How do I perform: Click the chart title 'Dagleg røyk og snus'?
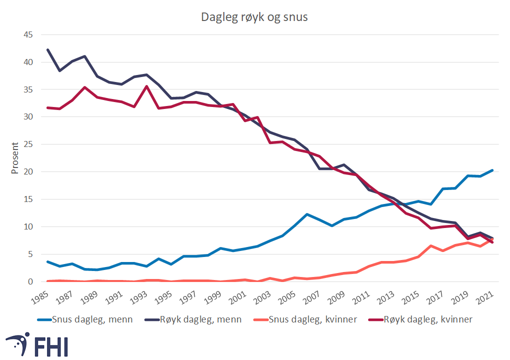pos(254,17)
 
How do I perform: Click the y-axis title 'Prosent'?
pos(15,158)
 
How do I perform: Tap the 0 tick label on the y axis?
pos(29,281)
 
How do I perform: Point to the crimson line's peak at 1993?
pos(146,86)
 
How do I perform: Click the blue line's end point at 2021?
pos(492,170)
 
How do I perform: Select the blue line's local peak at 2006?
pos(307,214)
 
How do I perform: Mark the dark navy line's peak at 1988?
pos(85,56)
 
